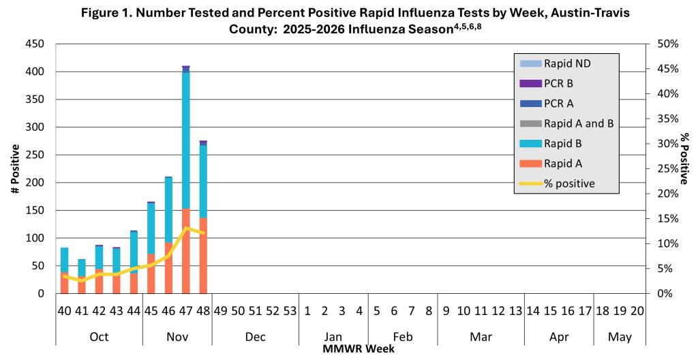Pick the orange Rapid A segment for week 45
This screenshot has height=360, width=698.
(x=151, y=273)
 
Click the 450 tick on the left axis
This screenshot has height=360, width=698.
(x=35, y=44)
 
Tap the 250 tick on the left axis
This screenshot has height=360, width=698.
(x=35, y=155)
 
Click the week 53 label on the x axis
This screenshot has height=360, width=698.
(x=290, y=311)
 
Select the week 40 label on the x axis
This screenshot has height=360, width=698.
(x=64, y=311)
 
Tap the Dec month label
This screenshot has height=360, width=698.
(x=256, y=336)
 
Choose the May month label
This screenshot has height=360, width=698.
(x=620, y=336)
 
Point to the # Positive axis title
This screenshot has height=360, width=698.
(x=15, y=168)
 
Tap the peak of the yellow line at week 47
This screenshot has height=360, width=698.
(x=186, y=228)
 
